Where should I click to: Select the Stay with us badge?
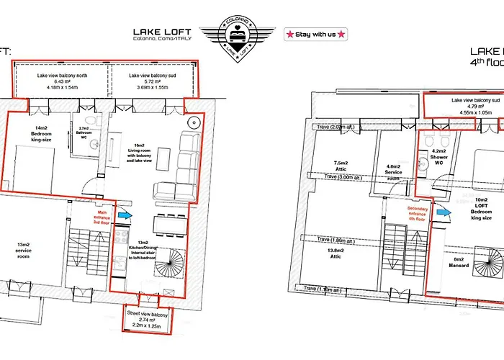point(316,33)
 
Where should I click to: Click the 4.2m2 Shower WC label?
point(438,157)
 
